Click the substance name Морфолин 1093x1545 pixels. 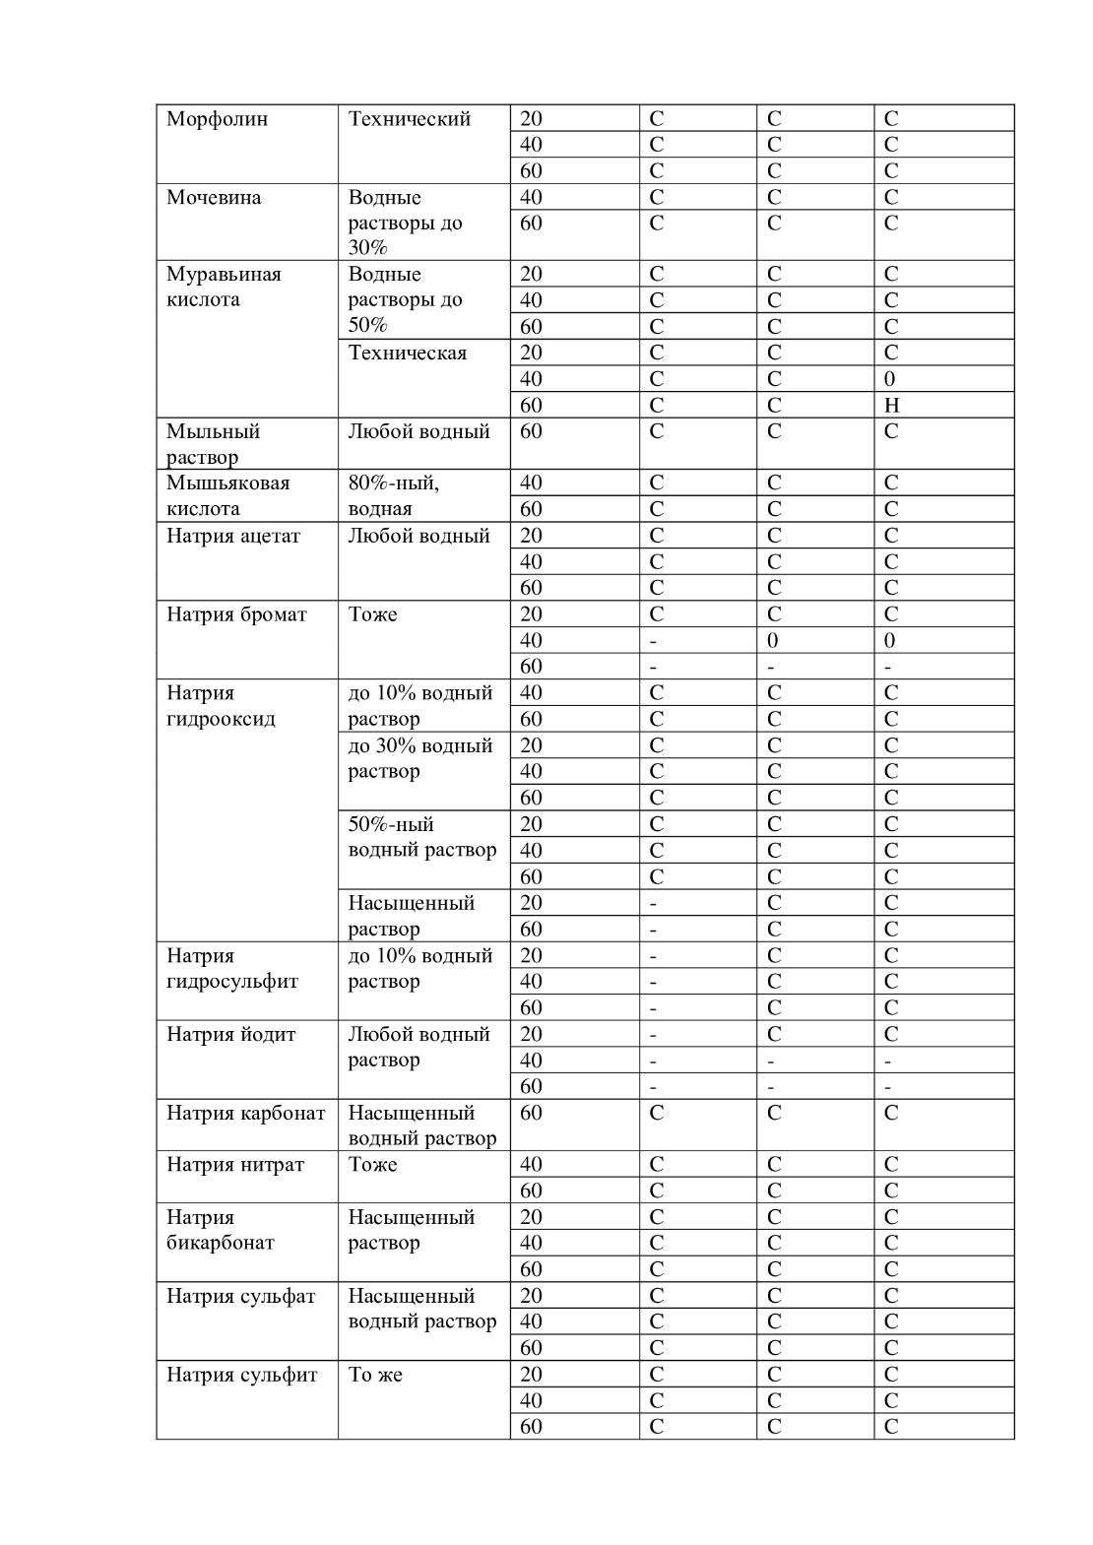(217, 119)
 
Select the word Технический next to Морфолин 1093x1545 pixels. (410, 119)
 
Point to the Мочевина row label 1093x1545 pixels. (214, 197)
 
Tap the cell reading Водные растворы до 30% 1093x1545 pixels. (405, 223)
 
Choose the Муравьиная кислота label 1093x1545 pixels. (224, 287)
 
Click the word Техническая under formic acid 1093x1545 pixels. (408, 353)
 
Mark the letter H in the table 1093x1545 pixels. (892, 405)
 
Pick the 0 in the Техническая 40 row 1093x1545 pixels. (890, 379)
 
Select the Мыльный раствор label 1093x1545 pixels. (213, 444)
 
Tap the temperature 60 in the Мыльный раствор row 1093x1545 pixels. (531, 431)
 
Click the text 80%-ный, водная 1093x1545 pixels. (394, 495)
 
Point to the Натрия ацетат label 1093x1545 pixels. (233, 536)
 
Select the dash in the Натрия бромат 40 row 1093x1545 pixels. (654, 641)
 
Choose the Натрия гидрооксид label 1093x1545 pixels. (221, 705)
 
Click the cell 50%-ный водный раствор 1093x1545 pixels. (422, 837)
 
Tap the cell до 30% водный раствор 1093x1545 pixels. (420, 758)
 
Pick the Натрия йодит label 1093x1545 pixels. (231, 1034)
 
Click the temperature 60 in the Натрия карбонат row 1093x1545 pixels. (531, 1113)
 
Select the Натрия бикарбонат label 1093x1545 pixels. (221, 1230)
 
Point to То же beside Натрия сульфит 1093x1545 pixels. (375, 1375)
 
